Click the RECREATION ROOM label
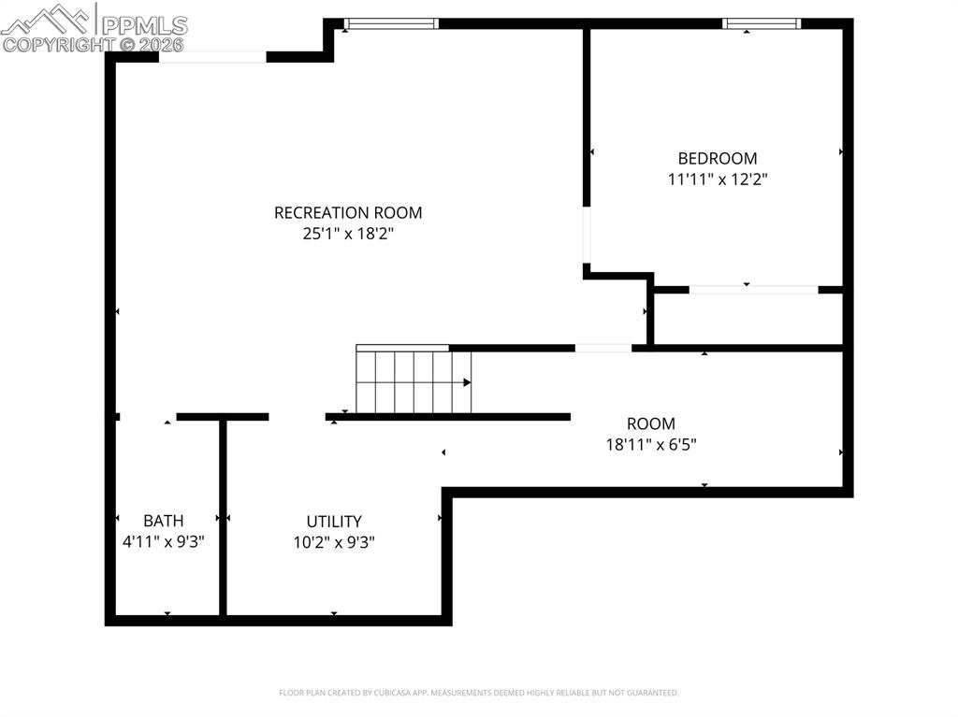click(x=348, y=213)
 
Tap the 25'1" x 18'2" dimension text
click(x=348, y=235)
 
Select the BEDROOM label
click(x=718, y=159)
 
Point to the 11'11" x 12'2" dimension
click(x=718, y=179)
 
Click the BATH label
click(x=164, y=521)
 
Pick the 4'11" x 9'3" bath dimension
click(x=164, y=541)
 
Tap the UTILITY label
click(x=334, y=522)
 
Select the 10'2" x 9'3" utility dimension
click(x=334, y=542)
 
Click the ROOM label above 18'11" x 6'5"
click(x=651, y=423)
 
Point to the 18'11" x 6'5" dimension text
click(x=651, y=445)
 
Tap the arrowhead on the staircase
click(x=467, y=382)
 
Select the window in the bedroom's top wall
click(x=762, y=23)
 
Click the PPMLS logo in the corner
click(x=94, y=28)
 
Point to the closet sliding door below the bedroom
click(x=753, y=290)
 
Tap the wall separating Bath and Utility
click(x=223, y=519)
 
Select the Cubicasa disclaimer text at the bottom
click(x=479, y=693)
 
